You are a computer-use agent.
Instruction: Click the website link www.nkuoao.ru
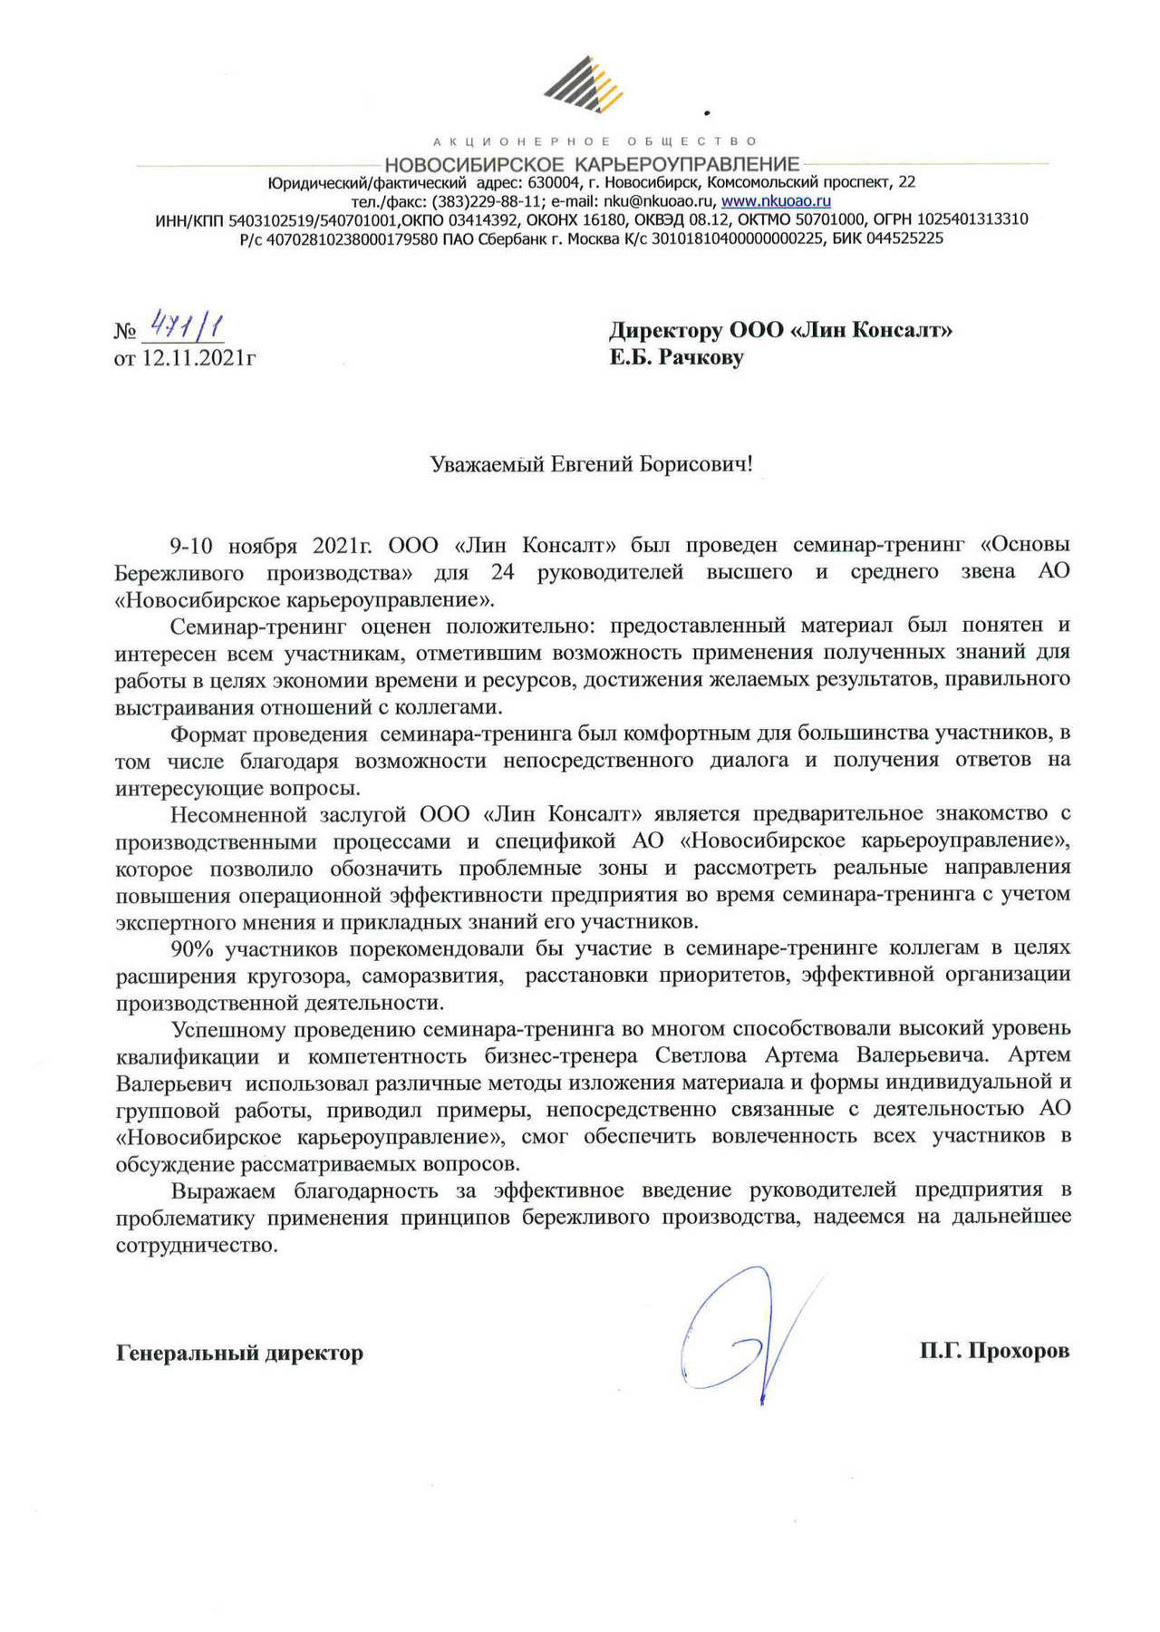tap(776, 201)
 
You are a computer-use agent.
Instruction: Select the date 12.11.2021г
tap(198, 358)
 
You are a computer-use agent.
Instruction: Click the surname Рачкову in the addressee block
tap(701, 357)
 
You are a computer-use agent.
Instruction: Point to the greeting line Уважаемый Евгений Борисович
tap(591, 465)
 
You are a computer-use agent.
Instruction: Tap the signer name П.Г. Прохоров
tap(994, 1351)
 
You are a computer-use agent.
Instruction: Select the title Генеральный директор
tap(239, 1353)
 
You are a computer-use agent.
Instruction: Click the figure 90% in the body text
tap(192, 948)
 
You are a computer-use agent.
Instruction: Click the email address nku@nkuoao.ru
tap(658, 201)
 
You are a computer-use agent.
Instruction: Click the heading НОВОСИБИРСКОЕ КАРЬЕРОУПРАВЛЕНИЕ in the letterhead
tap(592, 164)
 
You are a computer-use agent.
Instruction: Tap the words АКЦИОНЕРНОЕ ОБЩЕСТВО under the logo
tap(594, 141)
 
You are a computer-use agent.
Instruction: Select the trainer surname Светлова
tap(701, 1055)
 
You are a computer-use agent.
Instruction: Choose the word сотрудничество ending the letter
tap(196, 1245)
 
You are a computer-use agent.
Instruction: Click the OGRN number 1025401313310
tap(972, 219)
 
